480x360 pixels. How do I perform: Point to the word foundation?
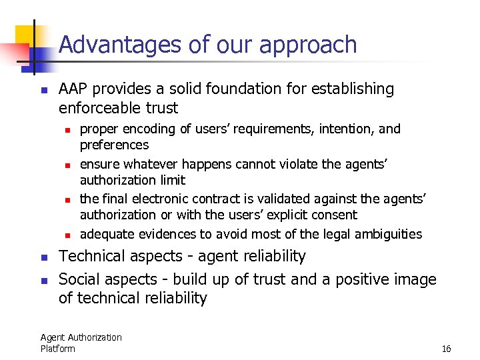pyautogui.click(x=239, y=89)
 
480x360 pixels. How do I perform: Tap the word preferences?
pyautogui.click(x=114, y=145)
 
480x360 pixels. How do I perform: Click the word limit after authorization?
pyautogui.click(x=173, y=180)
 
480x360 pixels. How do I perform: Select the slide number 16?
pyautogui.click(x=446, y=349)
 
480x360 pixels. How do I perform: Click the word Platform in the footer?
pyautogui.click(x=57, y=348)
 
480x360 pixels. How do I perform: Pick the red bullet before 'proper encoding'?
pyautogui.click(x=68, y=129)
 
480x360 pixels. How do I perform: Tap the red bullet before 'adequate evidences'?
pyautogui.click(x=68, y=235)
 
